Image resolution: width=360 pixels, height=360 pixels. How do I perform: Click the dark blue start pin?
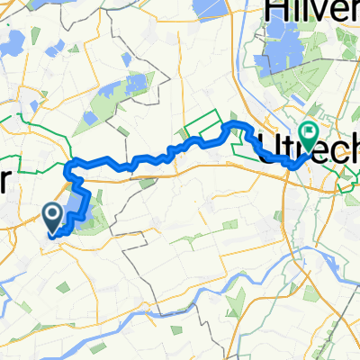pos(52,215)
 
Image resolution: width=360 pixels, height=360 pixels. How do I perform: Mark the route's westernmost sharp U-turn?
pos(68,167)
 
